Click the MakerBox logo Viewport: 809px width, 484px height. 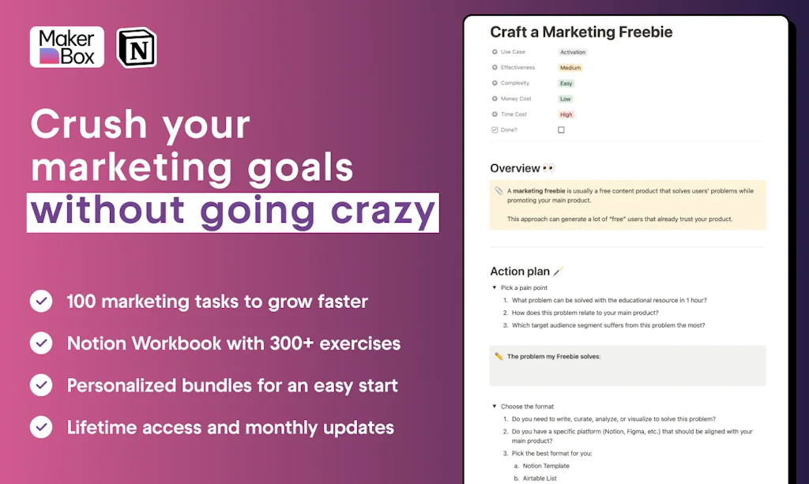(67, 47)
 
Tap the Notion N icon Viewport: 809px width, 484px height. (137, 47)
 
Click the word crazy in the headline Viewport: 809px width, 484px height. (383, 212)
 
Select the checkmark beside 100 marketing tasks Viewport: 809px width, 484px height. (41, 301)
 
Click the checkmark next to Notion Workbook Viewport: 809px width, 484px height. (41, 343)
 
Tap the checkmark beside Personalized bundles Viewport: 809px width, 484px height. (41, 385)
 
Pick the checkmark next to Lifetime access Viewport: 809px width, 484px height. (41, 427)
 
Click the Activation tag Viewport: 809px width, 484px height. (573, 52)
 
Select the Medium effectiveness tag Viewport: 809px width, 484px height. (570, 68)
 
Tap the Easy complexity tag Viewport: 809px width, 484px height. (566, 84)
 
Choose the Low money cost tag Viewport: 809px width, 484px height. (566, 99)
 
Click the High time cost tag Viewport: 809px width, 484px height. (566, 114)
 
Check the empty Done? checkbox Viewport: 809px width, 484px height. (562, 130)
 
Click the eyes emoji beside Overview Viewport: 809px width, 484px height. (548, 168)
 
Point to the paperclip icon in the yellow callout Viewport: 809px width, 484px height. (499, 191)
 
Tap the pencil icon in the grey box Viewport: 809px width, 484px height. (499, 356)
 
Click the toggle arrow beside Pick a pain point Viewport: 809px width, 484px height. (495, 287)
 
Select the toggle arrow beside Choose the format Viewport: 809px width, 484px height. (495, 406)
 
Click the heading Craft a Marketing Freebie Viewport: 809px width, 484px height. (581, 32)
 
